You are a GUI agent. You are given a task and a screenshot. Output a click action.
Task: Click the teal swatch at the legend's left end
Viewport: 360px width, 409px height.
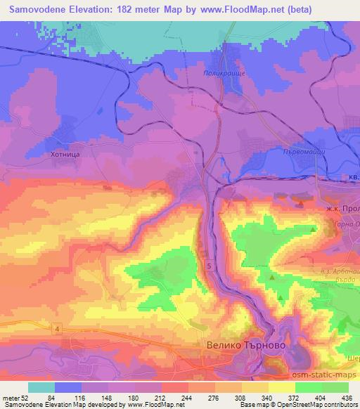41,387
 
